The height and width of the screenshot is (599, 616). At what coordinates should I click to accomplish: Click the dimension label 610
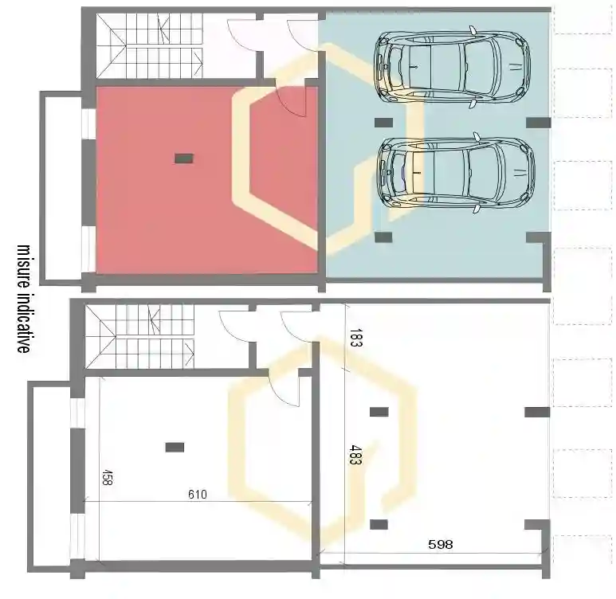click(x=197, y=494)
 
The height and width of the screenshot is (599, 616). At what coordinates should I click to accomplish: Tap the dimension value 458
click(x=107, y=477)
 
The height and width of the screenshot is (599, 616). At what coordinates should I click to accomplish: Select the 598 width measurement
click(x=441, y=544)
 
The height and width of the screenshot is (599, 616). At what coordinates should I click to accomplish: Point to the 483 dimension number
click(x=355, y=455)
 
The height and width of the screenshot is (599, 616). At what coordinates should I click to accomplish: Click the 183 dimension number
click(x=355, y=339)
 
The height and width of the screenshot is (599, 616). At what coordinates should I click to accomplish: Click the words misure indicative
click(x=23, y=299)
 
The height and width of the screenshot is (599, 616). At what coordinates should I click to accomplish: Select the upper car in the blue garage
click(x=453, y=67)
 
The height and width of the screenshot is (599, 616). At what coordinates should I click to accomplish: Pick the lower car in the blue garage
click(x=456, y=173)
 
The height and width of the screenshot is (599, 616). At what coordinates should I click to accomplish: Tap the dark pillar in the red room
click(x=184, y=159)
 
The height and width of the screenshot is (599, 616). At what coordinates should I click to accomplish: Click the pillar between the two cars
click(x=383, y=123)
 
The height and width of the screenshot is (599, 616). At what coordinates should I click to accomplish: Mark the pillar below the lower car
click(x=383, y=237)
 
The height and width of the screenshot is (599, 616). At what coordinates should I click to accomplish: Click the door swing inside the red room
click(x=292, y=101)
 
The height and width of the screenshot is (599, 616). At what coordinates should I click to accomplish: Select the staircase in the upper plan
click(x=150, y=45)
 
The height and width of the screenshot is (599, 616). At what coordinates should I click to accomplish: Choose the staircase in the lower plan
click(x=140, y=337)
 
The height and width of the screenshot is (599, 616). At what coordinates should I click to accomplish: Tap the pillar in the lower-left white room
click(x=175, y=447)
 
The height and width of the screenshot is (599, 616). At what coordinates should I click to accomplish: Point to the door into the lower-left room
click(x=284, y=392)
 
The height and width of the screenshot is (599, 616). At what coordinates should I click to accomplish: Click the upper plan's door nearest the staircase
click(x=242, y=35)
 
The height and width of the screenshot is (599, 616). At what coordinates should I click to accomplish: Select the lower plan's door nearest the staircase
click(x=233, y=327)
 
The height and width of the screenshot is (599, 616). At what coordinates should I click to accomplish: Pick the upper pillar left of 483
click(x=379, y=412)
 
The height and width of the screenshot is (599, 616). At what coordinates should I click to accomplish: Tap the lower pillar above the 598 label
click(x=379, y=524)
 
